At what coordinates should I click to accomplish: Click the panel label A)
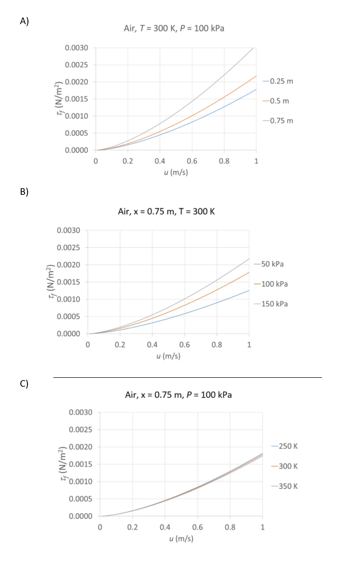click(24, 21)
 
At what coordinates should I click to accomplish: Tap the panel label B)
click(24, 191)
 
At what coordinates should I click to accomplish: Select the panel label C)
click(24, 384)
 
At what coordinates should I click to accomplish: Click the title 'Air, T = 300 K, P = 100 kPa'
click(174, 28)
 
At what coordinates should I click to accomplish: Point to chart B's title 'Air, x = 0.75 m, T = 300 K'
click(166, 211)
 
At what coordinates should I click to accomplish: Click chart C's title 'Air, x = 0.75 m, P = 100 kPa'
click(179, 395)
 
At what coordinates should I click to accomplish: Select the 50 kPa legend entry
click(272, 264)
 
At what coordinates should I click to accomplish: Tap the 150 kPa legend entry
click(274, 304)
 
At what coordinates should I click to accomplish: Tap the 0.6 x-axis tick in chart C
click(198, 527)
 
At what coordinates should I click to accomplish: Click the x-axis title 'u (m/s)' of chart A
click(176, 173)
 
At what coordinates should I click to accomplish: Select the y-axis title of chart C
click(62, 464)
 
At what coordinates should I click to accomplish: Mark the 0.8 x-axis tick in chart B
click(217, 345)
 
